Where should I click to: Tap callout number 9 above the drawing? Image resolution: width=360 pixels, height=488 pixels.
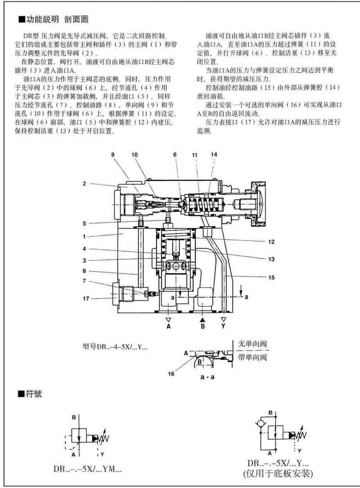pyautogui.click(x=113, y=155)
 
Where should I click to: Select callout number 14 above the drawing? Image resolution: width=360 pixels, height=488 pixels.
pyautogui.click(x=214, y=155)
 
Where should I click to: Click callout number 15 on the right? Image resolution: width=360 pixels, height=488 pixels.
pyautogui.click(x=272, y=277)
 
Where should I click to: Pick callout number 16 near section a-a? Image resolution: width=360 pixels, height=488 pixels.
pyautogui.click(x=171, y=374)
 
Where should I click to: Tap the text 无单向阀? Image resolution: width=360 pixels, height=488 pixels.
pyautogui.click(x=252, y=345)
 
